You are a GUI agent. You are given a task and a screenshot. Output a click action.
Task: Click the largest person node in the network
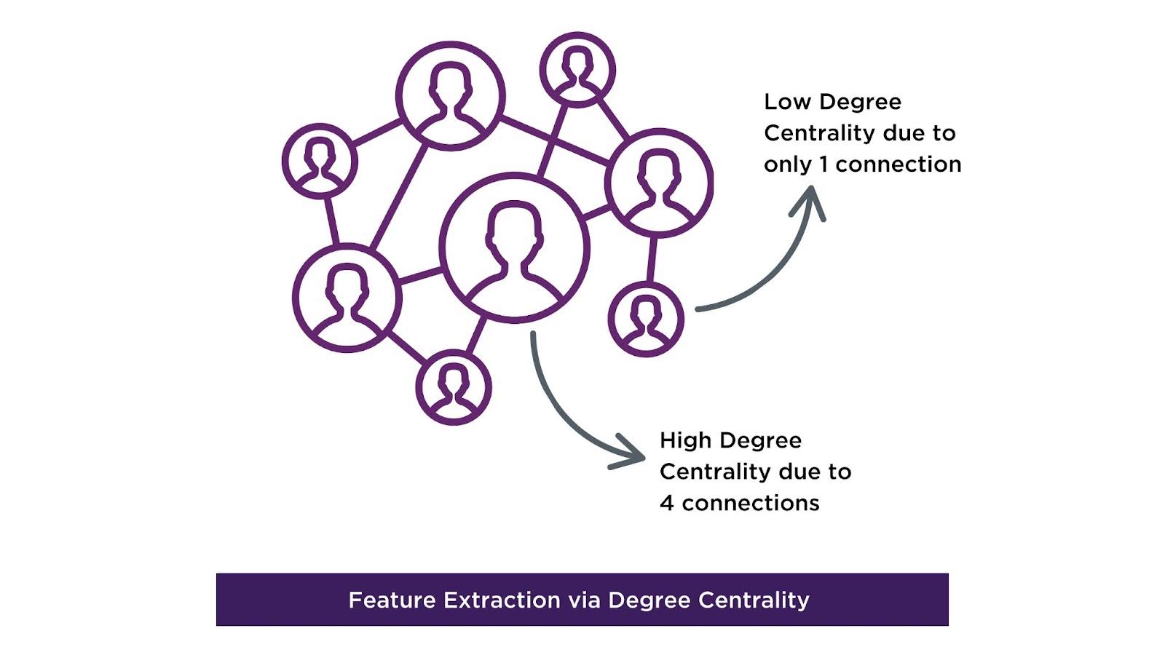(x=514, y=247)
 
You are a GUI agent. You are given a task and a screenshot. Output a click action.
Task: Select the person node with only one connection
(x=646, y=319)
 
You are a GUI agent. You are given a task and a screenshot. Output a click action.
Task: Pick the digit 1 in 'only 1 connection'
(x=824, y=164)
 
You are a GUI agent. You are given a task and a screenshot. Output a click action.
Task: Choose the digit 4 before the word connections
(x=666, y=503)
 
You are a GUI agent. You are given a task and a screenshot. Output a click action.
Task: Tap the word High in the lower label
(x=685, y=440)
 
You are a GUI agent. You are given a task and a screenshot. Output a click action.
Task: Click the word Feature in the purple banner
(x=392, y=600)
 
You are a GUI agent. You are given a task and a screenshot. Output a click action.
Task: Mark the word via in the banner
(x=583, y=600)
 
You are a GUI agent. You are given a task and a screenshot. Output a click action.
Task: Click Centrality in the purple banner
(x=754, y=600)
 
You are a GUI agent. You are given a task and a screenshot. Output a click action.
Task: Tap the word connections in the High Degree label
(x=751, y=503)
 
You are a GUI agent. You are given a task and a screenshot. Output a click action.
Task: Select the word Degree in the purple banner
(x=648, y=600)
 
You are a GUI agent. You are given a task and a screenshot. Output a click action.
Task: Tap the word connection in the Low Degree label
(x=899, y=164)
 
